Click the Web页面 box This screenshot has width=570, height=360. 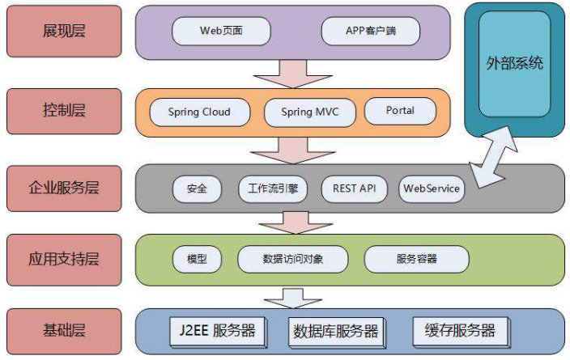[221, 32]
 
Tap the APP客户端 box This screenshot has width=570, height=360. [370, 32]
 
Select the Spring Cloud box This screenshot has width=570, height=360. [199, 112]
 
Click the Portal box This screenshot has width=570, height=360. [400, 111]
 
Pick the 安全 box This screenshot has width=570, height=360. [197, 188]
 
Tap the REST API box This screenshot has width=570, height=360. [355, 188]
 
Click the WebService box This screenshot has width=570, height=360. [432, 188]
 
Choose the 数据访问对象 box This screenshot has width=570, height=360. [292, 259]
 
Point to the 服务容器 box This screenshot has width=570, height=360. [416, 259]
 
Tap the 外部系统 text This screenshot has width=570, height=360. [514, 64]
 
